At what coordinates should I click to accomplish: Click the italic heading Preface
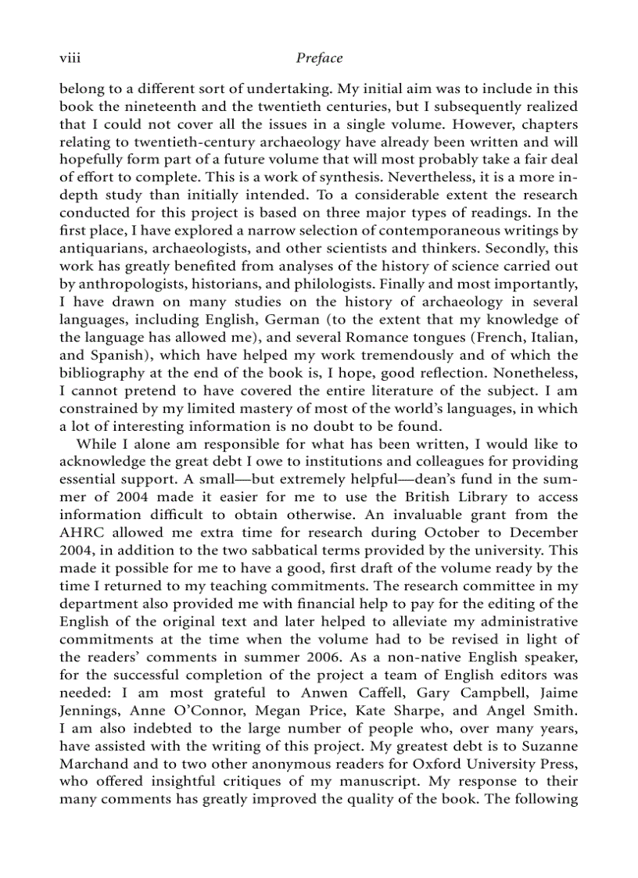[x=319, y=58]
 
